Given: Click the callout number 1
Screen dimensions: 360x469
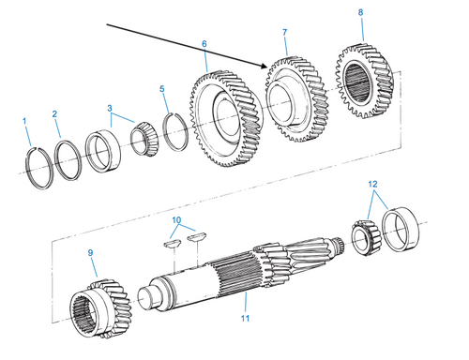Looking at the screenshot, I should [x=25, y=120].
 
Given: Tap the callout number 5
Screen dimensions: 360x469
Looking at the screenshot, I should [x=161, y=89].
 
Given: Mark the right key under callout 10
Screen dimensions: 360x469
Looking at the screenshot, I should [x=196, y=239].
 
